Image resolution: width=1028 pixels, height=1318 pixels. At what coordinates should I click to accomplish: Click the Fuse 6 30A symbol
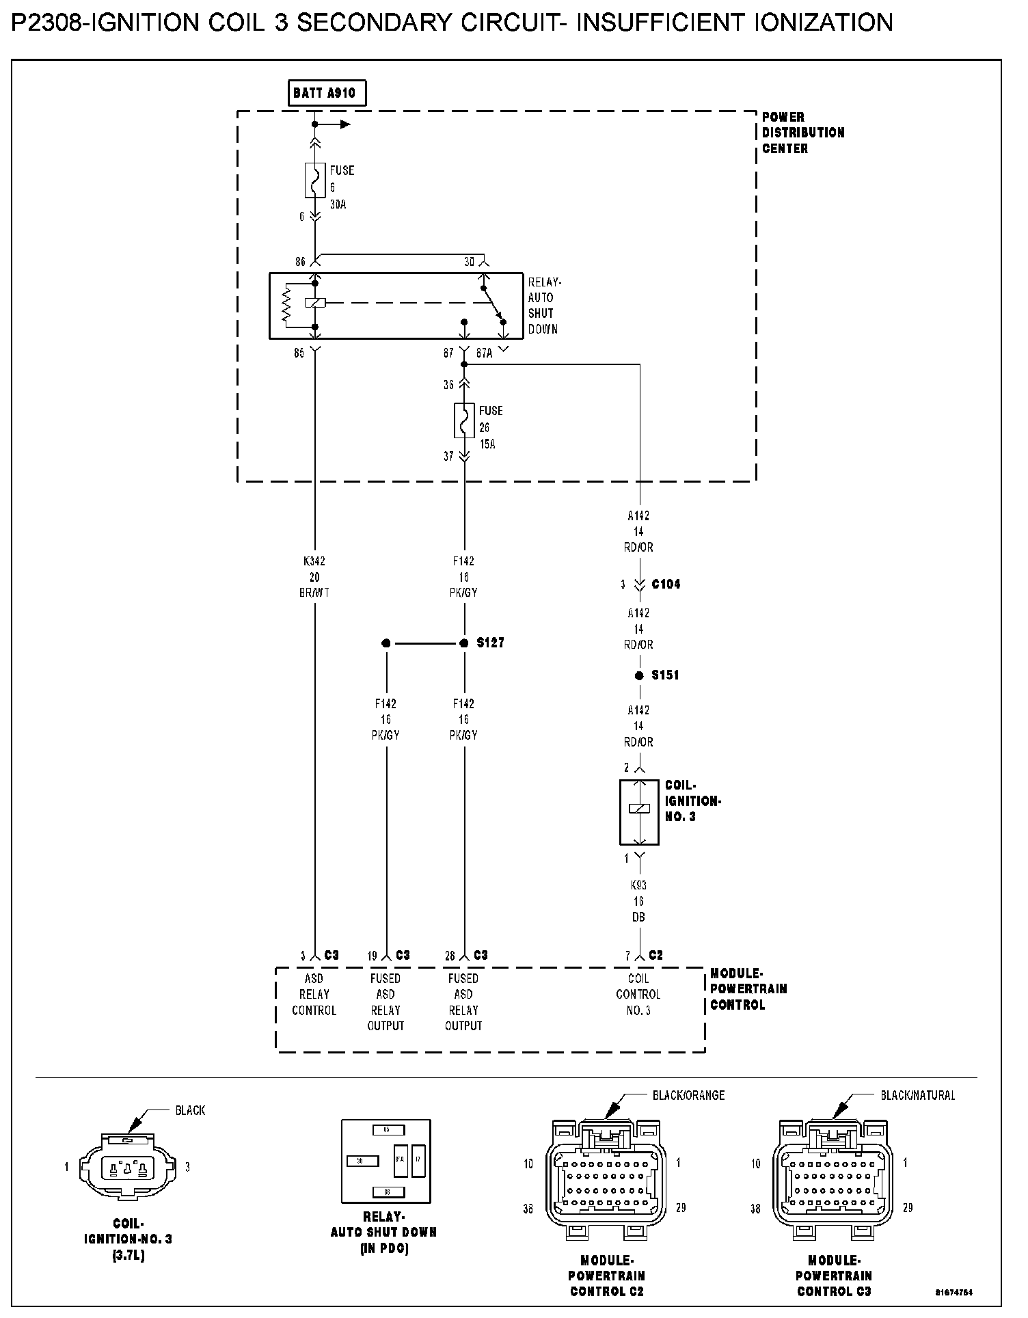[x=315, y=180]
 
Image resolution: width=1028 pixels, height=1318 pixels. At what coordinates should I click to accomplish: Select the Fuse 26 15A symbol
[x=464, y=420]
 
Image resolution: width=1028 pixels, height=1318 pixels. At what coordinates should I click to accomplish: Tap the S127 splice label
[x=491, y=643]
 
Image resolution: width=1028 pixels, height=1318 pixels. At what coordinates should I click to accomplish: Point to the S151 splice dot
[x=639, y=675]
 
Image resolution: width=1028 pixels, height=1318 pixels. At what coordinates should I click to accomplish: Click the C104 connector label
[x=666, y=584]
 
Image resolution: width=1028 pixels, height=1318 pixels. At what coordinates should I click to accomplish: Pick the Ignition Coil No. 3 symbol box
[x=639, y=812]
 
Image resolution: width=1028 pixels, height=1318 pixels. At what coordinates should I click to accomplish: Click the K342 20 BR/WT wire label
[x=314, y=577]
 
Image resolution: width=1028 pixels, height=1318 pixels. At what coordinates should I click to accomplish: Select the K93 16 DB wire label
[x=638, y=901]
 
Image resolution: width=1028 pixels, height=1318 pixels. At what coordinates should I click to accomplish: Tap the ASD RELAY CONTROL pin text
[x=314, y=995]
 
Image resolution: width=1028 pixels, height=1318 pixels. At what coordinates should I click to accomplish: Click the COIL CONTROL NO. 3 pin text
[x=638, y=995]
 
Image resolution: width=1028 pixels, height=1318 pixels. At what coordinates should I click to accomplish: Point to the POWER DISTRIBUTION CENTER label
[x=803, y=133]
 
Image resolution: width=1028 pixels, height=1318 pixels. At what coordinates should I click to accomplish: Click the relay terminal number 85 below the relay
[x=299, y=354]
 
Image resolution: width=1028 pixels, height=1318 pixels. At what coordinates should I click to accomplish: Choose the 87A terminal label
[x=485, y=354]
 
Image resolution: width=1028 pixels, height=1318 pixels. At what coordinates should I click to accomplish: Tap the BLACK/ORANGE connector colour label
[x=688, y=1095]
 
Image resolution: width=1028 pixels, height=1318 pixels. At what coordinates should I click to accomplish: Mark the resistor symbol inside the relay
[x=287, y=305]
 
